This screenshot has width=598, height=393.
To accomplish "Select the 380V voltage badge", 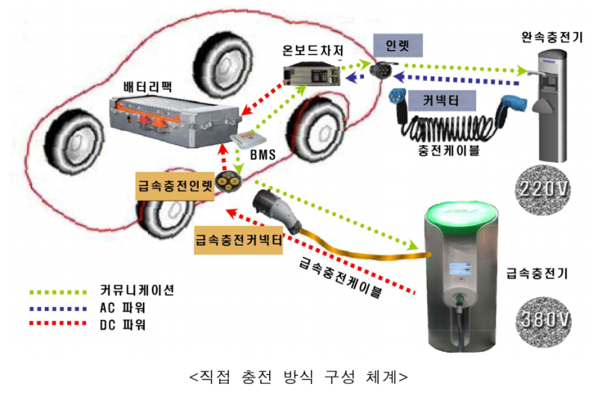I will (x=543, y=319).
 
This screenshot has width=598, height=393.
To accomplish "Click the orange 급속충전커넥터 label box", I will (x=240, y=239).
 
